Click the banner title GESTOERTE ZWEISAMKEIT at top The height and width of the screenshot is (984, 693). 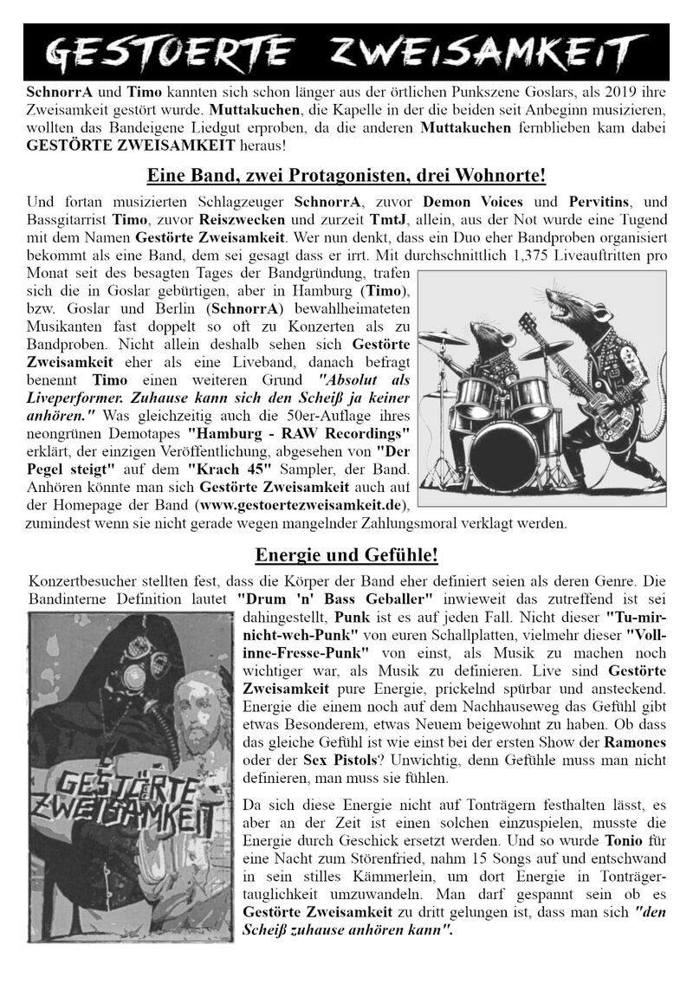point(346,53)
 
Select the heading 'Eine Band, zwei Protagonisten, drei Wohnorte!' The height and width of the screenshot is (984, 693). point(346,175)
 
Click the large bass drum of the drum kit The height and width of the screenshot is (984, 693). point(508,450)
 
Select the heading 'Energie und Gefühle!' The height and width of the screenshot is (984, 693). point(346,554)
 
